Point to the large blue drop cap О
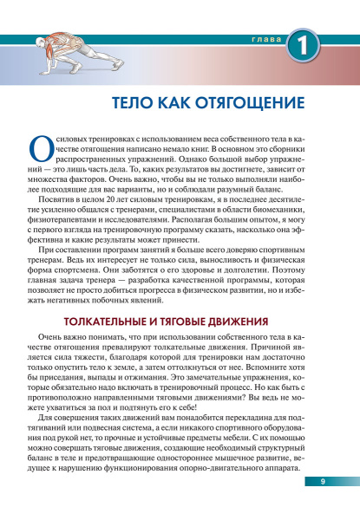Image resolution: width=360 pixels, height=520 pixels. tap(39, 153)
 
